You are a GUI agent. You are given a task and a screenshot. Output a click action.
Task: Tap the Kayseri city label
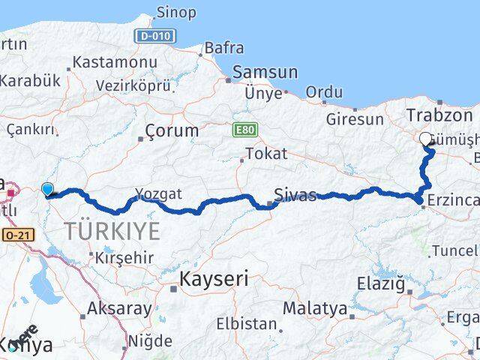pos(213,279)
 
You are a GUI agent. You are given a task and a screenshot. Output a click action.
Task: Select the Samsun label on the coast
pos(265,73)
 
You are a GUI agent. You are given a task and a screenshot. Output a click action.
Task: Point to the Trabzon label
pos(439,115)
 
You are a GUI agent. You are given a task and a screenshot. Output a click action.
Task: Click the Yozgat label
pos(158,193)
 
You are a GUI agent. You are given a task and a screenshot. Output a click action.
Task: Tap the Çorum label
pos(172,130)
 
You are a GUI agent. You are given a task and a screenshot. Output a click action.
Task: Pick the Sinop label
pos(176,12)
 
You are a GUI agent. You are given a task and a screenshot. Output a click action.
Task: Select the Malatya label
pos(315,307)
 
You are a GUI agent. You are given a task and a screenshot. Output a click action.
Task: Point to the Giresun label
pos(355,118)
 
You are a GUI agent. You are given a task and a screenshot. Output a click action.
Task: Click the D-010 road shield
pos(155,35)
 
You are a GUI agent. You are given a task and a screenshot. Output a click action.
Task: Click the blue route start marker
pos(48,190)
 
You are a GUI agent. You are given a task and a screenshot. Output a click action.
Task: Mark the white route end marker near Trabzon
pos(426,139)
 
